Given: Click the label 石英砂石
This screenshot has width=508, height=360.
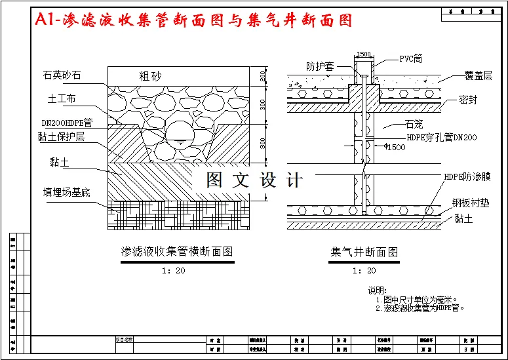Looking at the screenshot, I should pos(63,76).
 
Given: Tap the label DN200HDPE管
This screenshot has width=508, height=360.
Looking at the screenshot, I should pos(67,122).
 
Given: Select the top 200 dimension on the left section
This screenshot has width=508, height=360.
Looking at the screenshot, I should pos(264,76).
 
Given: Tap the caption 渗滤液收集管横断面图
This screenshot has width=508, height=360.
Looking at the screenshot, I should pos(177,251).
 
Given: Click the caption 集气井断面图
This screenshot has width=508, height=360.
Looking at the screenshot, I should pos(364,251).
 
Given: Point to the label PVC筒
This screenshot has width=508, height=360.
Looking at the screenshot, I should pos(411,58).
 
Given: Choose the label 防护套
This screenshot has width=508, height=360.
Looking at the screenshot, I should pos(320,66).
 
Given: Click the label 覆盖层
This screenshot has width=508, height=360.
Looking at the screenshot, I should pos(478,76).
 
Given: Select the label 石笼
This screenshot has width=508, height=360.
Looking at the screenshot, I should pos(414,123).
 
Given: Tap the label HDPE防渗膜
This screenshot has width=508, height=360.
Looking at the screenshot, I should pos(467,177).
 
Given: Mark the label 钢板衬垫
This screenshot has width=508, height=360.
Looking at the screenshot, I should pos(471,203).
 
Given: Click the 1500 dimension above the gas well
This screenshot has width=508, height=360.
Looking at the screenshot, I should pos(364,55).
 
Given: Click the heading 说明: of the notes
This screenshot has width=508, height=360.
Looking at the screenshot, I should pos(378,290).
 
